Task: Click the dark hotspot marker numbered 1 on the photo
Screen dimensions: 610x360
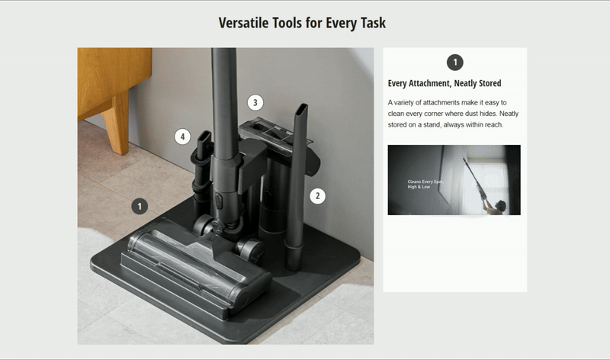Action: pos(140,206)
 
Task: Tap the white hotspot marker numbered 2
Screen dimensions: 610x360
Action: pos(317,196)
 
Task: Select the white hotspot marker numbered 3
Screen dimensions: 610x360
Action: pos(255,103)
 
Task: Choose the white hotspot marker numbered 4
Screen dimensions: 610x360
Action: pos(182,137)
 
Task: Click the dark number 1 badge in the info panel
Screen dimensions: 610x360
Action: pos(454,63)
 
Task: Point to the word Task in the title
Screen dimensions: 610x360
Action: pos(373,23)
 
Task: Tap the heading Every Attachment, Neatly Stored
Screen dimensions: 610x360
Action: pos(445,83)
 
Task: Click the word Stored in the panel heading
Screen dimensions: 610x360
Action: pos(490,83)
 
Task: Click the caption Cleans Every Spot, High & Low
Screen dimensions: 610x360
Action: pos(425,184)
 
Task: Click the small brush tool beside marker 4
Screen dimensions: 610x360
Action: pos(201,167)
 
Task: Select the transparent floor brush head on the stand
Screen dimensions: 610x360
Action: pos(197,268)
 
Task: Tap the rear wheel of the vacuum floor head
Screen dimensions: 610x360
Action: pos(250,249)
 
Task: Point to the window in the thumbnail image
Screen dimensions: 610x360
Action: pos(484,180)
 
